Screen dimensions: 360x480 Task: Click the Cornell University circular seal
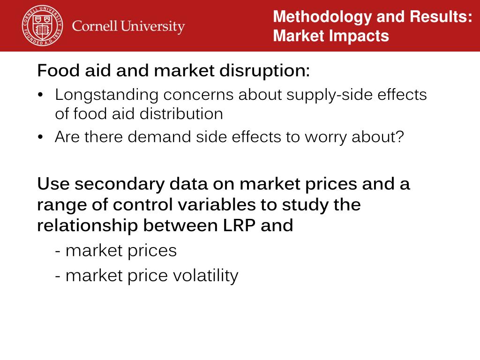coord(43,26)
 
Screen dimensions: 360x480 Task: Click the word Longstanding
coord(106,95)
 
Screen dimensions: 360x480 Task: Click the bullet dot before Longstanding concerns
coord(41,96)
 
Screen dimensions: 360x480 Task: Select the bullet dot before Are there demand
coord(41,138)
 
